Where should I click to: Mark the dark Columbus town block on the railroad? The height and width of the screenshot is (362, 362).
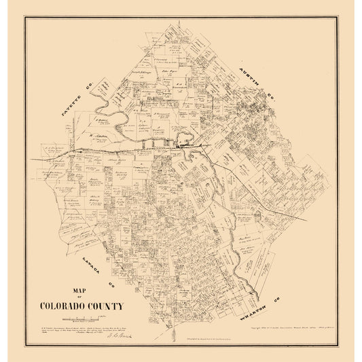pos(182,144)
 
